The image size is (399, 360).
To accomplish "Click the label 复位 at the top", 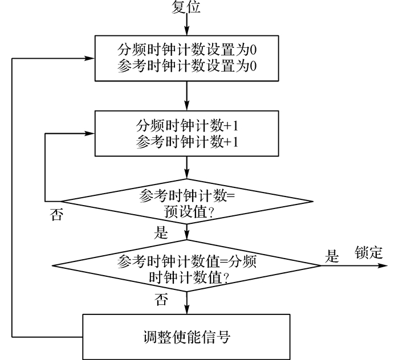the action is [186, 7].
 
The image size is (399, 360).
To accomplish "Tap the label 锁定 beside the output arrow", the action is [369, 252].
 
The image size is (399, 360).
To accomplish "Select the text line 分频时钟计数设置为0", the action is [187, 50].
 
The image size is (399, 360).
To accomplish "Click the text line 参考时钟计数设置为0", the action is [187, 66].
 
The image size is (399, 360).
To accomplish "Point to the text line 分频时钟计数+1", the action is [187, 125].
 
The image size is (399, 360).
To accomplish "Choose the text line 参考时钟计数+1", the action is [187, 141].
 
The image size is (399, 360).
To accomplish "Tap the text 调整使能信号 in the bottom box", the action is [187, 337].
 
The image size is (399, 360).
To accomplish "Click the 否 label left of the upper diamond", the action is [56, 214].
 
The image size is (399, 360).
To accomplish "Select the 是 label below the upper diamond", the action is [161, 232].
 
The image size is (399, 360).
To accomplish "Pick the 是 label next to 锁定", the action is [332, 256].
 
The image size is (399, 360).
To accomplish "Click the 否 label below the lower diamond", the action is [161, 299].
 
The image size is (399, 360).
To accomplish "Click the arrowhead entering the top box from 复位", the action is [187, 31].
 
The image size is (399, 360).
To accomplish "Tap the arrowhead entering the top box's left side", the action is [89, 59].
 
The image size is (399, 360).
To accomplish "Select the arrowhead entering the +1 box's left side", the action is [89, 133].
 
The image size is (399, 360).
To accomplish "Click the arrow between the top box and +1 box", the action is [187, 96].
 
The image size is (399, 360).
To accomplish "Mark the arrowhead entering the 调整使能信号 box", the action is [187, 309].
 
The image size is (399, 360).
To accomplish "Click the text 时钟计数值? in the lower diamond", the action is [189, 277].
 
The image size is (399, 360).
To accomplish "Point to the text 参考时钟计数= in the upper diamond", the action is [187, 195].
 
